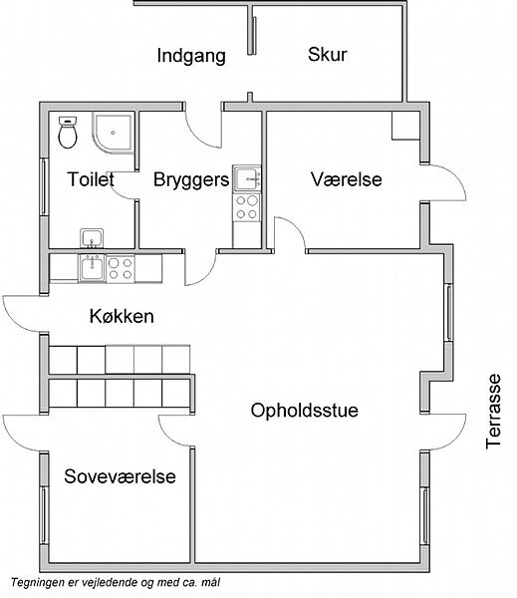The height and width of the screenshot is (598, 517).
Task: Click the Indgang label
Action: [x=191, y=56]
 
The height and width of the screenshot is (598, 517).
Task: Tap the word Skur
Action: [x=328, y=54]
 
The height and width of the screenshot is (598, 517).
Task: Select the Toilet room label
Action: [x=91, y=178]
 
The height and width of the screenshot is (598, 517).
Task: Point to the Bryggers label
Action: [x=191, y=180]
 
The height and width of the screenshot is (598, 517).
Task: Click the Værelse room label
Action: [x=347, y=179]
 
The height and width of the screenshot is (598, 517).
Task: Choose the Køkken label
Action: [x=122, y=316]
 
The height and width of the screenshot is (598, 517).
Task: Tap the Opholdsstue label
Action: [x=304, y=411]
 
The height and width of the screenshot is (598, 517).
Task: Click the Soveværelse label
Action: [x=120, y=476]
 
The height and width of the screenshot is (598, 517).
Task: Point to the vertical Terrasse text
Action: [x=493, y=411]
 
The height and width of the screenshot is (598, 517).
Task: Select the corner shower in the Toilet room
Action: [x=114, y=133]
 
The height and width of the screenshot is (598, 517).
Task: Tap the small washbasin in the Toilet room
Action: [x=92, y=238]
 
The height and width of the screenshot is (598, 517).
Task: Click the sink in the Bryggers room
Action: [x=247, y=178]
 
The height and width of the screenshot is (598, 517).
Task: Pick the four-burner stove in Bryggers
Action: [x=247, y=207]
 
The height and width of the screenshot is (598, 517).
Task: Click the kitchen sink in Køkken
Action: [x=92, y=268]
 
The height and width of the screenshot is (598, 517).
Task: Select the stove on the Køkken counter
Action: [x=121, y=268]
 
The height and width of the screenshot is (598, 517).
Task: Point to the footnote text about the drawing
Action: [x=116, y=583]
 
